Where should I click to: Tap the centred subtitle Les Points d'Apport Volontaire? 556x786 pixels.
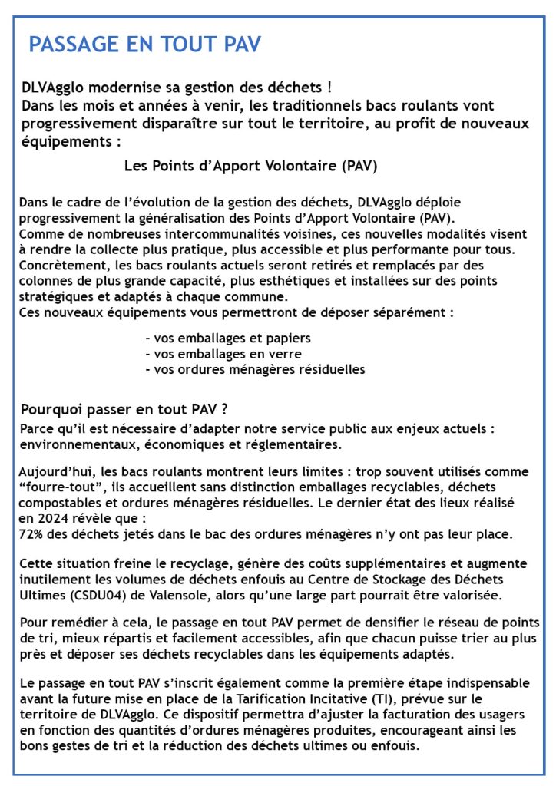tap(251, 166)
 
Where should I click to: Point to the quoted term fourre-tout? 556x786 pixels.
tap(65, 487)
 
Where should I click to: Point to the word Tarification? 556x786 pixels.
tap(298, 699)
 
